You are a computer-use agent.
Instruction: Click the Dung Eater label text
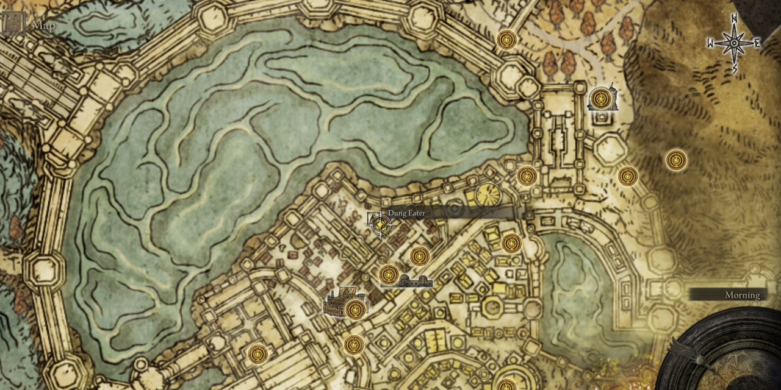click(406, 213)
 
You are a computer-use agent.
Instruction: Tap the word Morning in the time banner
click(742, 295)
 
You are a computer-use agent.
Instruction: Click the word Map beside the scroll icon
click(43, 26)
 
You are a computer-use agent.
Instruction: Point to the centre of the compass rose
click(733, 43)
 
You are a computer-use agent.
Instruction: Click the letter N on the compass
click(735, 18)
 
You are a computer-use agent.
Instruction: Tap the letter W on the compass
click(711, 43)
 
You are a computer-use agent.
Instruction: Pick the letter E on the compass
click(757, 43)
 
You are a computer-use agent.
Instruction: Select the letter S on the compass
click(735, 69)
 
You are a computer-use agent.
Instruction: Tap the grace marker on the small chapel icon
click(601, 97)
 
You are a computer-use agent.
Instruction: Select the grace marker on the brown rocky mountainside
click(675, 160)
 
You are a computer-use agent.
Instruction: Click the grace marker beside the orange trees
click(506, 40)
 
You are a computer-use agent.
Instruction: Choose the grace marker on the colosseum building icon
click(355, 310)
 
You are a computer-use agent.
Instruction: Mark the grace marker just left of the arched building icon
click(389, 275)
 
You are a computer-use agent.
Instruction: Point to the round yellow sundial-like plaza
click(488, 195)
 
